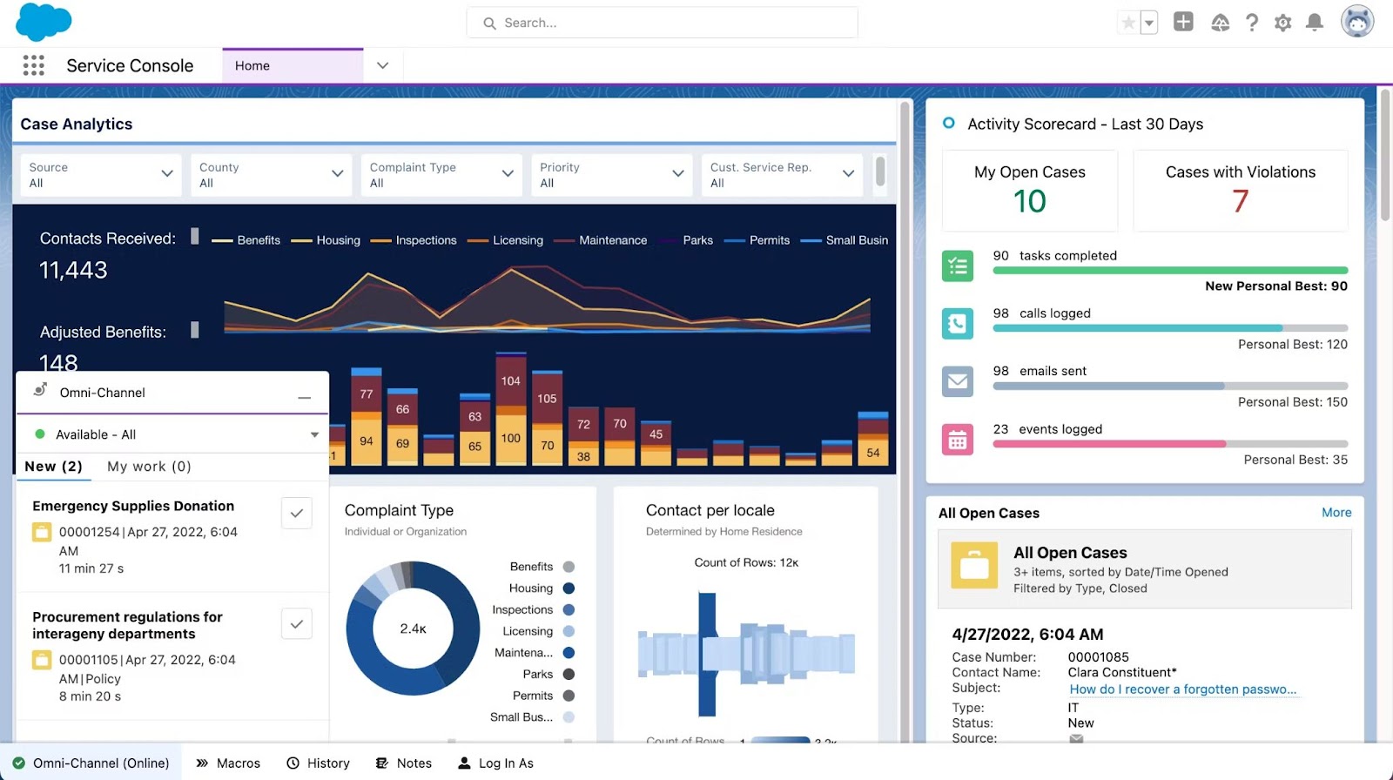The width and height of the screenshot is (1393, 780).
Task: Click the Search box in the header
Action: tap(662, 23)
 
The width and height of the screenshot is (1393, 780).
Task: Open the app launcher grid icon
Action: tap(33, 65)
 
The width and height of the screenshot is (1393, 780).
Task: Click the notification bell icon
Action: tap(1315, 23)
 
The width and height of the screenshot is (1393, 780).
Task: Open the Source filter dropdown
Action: tap(100, 175)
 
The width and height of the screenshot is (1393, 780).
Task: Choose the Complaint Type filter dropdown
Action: tap(441, 175)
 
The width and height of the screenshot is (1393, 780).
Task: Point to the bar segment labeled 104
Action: tap(511, 380)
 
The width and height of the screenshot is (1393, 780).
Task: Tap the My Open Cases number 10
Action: tap(1029, 202)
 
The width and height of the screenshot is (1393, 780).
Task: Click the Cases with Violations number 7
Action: tap(1240, 202)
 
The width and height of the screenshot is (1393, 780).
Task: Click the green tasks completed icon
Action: tap(958, 266)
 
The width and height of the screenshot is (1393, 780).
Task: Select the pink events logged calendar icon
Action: tap(958, 440)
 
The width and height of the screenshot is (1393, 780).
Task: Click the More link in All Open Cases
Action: tap(1336, 513)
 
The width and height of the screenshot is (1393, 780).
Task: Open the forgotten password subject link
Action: tap(1182, 689)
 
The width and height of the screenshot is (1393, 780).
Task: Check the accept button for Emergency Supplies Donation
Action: tap(297, 514)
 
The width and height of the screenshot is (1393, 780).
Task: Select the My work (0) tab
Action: tap(149, 467)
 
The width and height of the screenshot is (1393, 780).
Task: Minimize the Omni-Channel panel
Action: tap(304, 397)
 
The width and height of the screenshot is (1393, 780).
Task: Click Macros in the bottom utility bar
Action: tap(228, 763)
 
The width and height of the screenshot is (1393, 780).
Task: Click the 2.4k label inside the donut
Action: tap(413, 629)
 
